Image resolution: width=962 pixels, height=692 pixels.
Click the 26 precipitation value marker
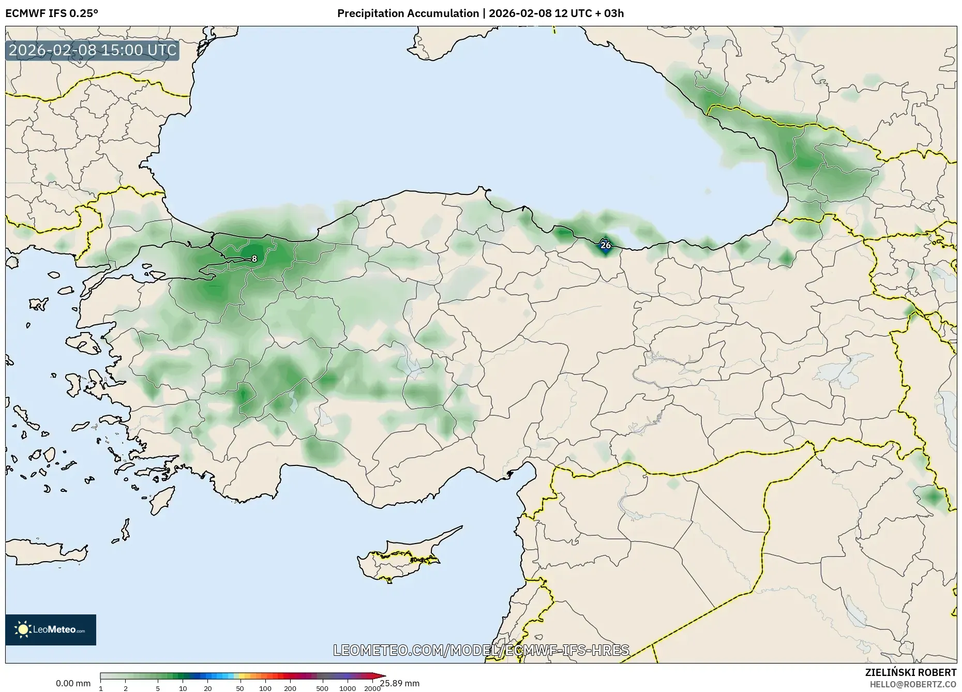pyautogui.click(x=605, y=245)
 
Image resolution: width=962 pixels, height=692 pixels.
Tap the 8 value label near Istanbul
pyautogui.click(x=254, y=259)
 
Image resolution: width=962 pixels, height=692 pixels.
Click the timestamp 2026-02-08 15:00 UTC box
pyautogui.click(x=93, y=51)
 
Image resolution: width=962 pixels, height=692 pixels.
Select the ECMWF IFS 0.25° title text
pyautogui.click(x=51, y=13)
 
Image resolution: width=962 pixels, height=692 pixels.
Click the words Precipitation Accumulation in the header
pyautogui.click(x=408, y=13)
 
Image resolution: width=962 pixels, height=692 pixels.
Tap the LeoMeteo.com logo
pyautogui.click(x=51, y=629)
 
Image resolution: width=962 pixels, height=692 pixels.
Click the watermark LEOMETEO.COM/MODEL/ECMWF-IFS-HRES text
pyautogui.click(x=481, y=650)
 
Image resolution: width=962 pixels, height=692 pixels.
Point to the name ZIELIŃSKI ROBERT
pyautogui.click(x=910, y=672)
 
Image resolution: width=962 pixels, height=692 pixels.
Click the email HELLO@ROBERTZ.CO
pyautogui.click(x=913, y=684)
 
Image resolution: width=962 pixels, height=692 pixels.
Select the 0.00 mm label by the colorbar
pyautogui.click(x=73, y=683)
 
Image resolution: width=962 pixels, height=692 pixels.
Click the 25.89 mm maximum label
pyautogui.click(x=400, y=683)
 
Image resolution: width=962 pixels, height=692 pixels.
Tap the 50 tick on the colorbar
pyautogui.click(x=239, y=688)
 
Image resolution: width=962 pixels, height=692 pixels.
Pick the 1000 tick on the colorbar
pyautogui.click(x=347, y=688)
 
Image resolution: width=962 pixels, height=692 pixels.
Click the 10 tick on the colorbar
pyautogui.click(x=183, y=688)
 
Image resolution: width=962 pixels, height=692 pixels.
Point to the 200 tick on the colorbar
pyautogui.click(x=290, y=688)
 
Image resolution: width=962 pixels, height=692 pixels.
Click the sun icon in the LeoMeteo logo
pyautogui.click(x=23, y=629)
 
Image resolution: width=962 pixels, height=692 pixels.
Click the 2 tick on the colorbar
pyautogui.click(x=126, y=688)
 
